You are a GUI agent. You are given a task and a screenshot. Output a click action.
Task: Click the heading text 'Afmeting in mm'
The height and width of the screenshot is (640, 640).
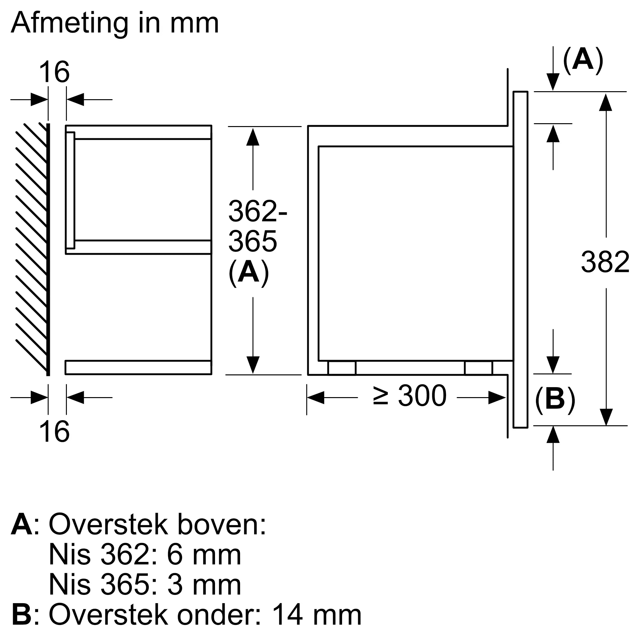115,23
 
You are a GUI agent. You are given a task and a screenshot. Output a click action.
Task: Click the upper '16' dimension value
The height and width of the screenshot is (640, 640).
54,72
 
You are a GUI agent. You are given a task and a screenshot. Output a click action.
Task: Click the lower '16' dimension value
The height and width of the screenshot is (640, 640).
54,431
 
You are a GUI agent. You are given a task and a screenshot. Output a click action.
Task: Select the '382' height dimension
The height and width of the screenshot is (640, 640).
605,262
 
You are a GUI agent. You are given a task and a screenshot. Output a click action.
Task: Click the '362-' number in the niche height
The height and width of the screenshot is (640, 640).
258,211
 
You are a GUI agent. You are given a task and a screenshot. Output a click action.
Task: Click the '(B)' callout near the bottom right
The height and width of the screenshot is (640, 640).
555,399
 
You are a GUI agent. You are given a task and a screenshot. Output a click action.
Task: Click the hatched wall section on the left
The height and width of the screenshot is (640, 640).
31,248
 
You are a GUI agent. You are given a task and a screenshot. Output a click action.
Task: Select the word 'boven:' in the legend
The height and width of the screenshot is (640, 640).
222,524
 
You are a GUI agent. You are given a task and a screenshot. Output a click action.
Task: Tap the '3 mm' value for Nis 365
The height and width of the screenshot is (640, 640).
204,585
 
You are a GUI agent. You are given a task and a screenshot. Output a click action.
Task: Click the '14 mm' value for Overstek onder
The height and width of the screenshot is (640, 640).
316,615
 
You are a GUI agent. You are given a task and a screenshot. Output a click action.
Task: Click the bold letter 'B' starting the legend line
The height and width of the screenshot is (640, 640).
22,615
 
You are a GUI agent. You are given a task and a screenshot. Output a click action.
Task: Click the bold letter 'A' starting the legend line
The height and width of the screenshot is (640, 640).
22,524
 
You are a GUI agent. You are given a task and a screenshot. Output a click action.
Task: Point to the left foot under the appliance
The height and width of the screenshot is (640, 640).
342,368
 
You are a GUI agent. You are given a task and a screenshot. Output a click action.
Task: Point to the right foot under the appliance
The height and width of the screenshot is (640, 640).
478,368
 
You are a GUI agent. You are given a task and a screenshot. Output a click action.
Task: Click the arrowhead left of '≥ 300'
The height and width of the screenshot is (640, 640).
316,397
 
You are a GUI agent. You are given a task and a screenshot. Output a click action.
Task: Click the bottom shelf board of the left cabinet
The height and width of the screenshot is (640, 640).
139,367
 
